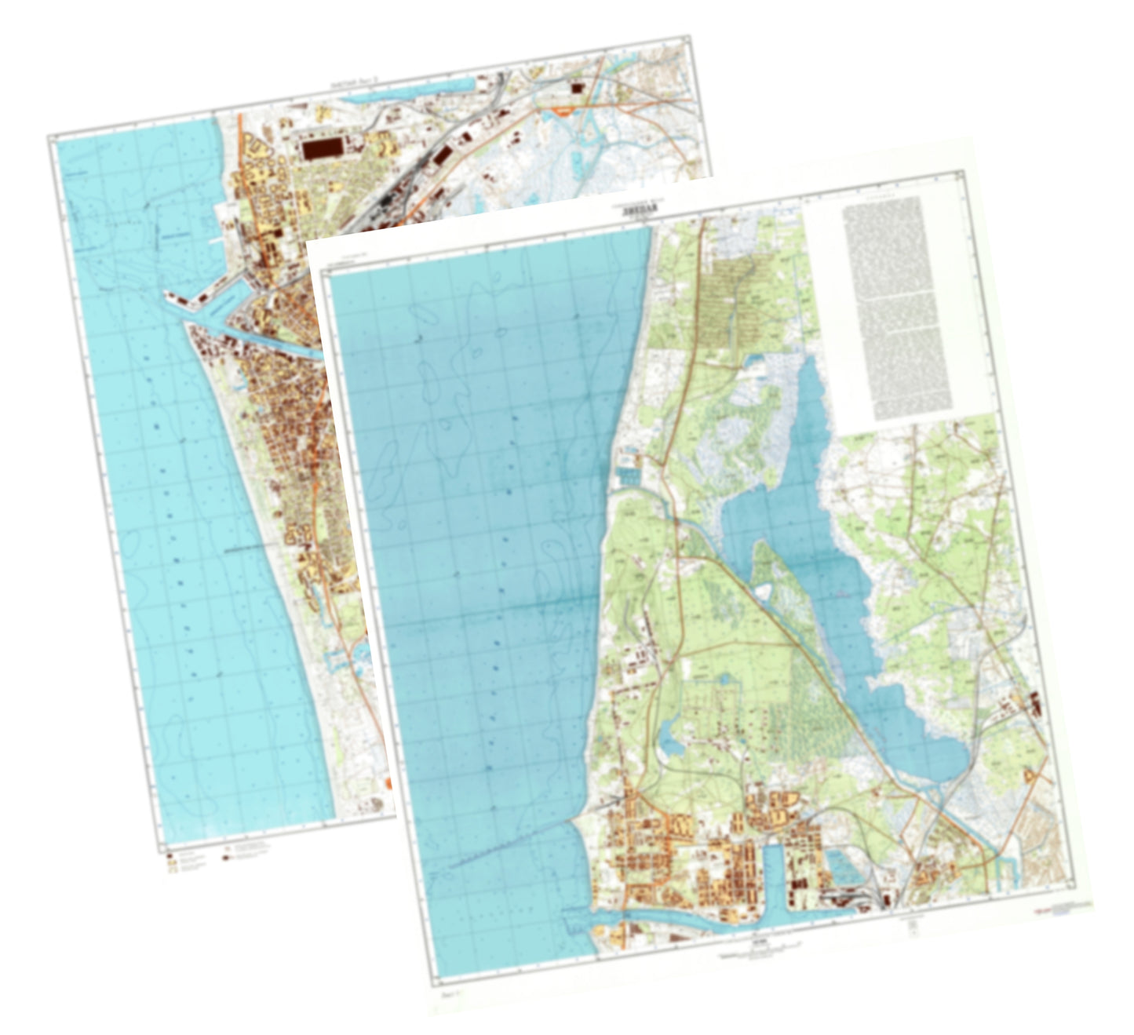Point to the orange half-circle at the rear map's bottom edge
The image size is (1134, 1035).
(x=388, y=784)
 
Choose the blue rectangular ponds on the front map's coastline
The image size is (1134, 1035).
(x=629, y=475)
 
